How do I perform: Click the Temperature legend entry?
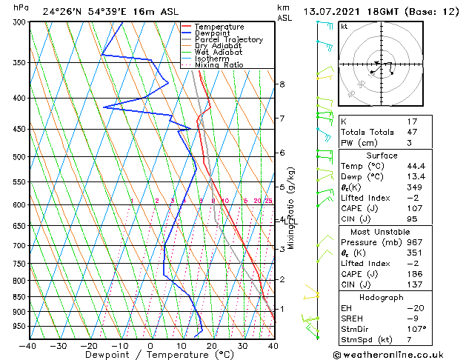[219, 27]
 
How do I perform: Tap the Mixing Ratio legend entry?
[219, 64]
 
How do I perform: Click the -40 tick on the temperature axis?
[29, 345]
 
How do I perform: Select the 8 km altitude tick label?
[282, 84]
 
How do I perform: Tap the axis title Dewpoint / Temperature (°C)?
[150, 355]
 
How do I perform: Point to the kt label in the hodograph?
[344, 27]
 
